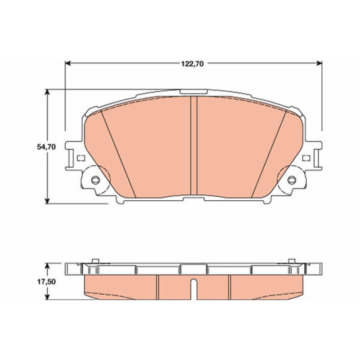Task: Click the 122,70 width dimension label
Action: (x=193, y=63)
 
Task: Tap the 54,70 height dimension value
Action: (x=46, y=147)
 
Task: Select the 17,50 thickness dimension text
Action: (x=47, y=282)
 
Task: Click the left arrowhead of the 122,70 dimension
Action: (x=68, y=63)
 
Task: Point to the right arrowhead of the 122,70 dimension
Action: (x=319, y=63)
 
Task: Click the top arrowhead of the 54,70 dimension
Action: (x=47, y=92)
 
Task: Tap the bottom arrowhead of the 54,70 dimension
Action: (x=47, y=200)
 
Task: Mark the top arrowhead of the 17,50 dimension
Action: (x=47, y=266)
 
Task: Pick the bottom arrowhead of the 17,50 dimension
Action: (x=47, y=297)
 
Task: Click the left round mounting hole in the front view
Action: (x=95, y=180)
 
